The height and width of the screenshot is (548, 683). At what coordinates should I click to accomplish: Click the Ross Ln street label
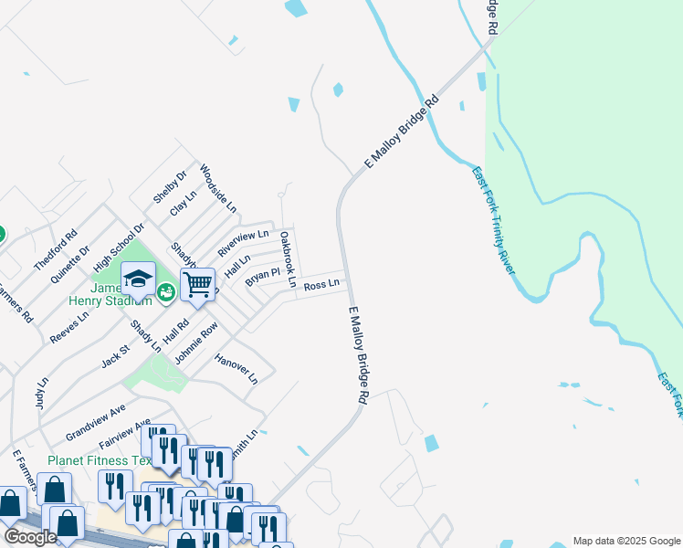pos(321,285)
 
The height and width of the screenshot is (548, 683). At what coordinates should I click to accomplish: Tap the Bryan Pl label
pos(262,277)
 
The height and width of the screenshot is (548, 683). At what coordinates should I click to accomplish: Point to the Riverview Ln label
pos(243,244)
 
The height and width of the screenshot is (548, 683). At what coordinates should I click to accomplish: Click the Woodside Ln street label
pos(218,189)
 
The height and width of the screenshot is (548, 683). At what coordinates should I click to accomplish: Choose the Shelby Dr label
pos(170,185)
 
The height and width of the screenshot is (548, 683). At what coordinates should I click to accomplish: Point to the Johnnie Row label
pos(196,342)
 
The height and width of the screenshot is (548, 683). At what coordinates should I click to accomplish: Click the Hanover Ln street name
pos(236,367)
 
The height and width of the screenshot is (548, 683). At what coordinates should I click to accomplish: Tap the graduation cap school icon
pos(138,279)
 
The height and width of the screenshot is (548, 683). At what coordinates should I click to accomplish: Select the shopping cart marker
pos(197,285)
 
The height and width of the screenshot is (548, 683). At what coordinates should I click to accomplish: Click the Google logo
pos(31,537)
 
